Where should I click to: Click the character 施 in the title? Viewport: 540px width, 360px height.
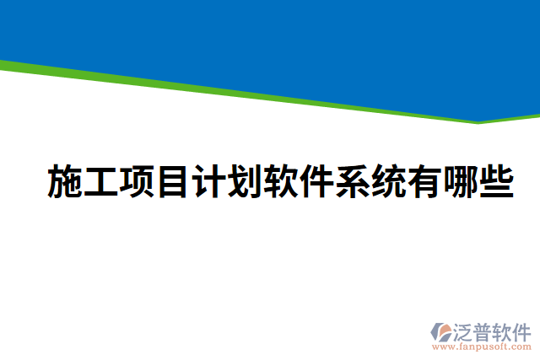point(65,182)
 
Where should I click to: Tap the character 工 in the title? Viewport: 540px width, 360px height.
point(101,182)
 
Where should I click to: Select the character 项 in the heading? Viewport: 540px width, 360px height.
point(138,182)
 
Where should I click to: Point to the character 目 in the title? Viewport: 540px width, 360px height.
point(172,182)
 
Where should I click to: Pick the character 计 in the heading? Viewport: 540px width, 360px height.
point(208,182)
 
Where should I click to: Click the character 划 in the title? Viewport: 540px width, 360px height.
point(245,182)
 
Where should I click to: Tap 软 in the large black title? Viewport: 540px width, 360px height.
point(281,182)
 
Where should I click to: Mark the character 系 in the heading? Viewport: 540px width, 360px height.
point(353,182)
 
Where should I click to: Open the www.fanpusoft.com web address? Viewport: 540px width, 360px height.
point(482,346)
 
